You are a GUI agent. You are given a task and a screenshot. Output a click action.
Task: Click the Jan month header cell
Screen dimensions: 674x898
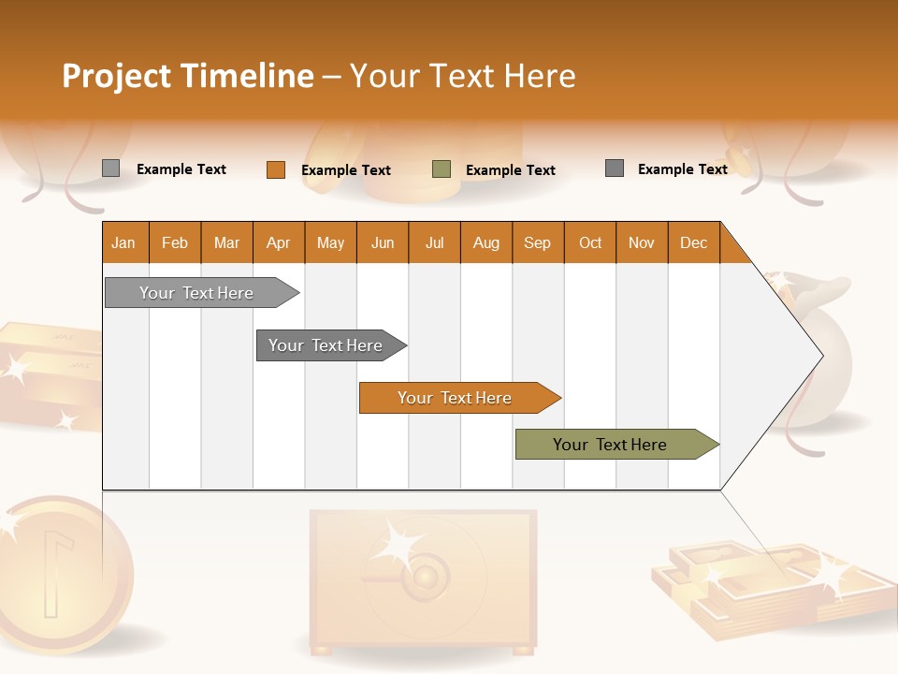point(124,242)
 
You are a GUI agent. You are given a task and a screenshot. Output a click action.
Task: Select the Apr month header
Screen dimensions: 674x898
point(279,242)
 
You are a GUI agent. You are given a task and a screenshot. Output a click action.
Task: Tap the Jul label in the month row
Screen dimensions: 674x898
point(434,242)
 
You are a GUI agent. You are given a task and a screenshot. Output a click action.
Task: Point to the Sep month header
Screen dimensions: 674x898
point(537,242)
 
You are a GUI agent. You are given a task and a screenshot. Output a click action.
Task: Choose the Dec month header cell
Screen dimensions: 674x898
point(693,242)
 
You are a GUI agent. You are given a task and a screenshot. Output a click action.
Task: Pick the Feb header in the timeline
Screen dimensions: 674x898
point(175,242)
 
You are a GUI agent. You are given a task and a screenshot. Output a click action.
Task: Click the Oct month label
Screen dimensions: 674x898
point(590,242)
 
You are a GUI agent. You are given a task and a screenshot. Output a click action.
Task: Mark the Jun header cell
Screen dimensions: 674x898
point(383,242)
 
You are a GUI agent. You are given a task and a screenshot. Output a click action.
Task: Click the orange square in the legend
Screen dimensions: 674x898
point(276,169)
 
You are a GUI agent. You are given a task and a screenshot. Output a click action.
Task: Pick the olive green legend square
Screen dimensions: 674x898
point(442,169)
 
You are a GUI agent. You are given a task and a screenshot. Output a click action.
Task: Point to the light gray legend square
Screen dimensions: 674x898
point(111,168)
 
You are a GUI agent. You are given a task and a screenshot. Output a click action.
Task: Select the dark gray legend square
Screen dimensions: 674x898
point(615,168)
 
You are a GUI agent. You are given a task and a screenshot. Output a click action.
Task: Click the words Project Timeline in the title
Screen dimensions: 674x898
point(188,76)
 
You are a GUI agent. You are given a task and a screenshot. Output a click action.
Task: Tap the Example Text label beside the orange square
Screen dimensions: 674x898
point(346,170)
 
